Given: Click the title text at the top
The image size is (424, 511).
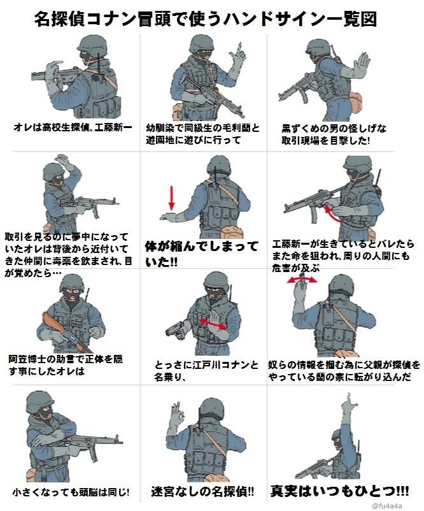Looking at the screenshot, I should [x=205, y=18].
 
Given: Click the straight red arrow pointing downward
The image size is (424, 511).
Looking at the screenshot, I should [x=171, y=198].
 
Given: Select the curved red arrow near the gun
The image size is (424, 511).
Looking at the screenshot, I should [x=336, y=217].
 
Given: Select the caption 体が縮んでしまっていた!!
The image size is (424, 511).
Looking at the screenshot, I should [x=202, y=252].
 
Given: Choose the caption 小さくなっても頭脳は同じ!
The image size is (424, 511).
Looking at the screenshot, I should [x=71, y=492].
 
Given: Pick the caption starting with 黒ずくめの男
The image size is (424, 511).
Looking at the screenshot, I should [x=334, y=134].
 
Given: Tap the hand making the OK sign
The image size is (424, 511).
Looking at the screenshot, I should [x=181, y=419].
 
